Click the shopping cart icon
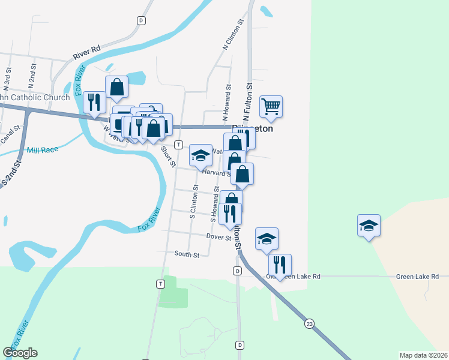(x=271, y=106)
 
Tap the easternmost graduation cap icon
(x=369, y=225)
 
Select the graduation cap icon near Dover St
(x=267, y=238)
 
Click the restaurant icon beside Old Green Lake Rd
(x=280, y=265)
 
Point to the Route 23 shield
(x=309, y=323)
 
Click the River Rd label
(x=86, y=52)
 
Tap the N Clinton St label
(x=234, y=34)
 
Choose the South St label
(x=187, y=255)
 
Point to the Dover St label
(x=219, y=238)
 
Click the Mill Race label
(x=43, y=148)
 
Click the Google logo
(x=20, y=353)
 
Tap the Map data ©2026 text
(x=423, y=355)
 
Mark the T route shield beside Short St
(x=178, y=145)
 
